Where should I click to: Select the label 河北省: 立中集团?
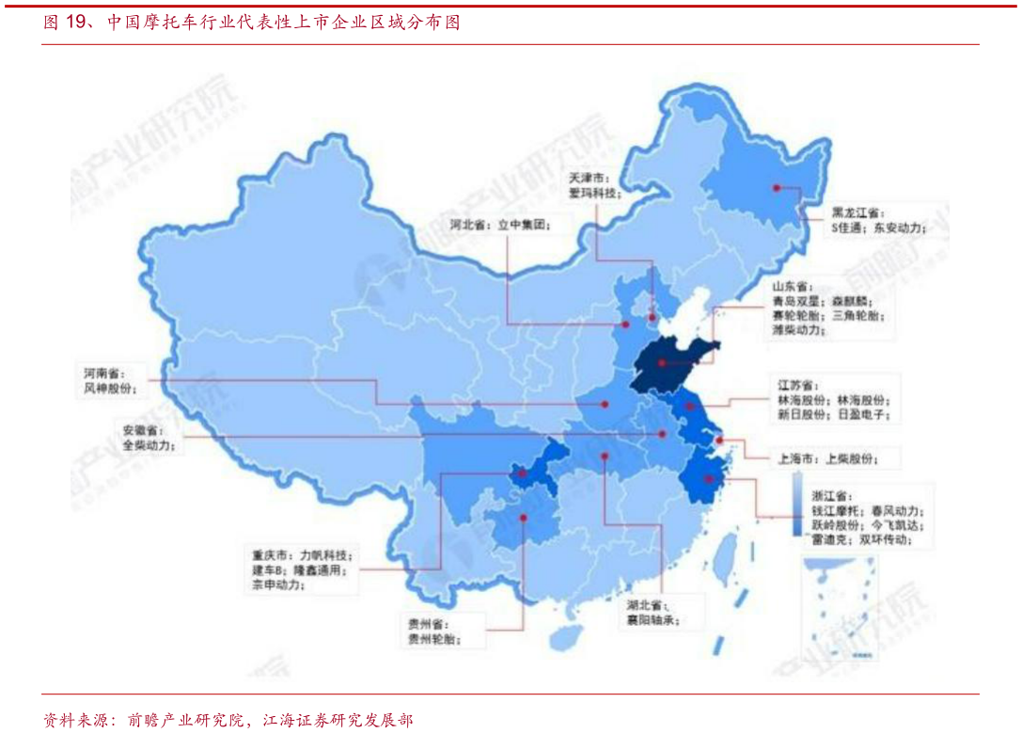497,226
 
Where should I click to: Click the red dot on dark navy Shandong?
662,363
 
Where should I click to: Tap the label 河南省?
102,372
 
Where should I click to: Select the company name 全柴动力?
147,445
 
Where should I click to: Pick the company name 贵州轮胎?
432,640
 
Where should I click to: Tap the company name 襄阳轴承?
652,620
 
